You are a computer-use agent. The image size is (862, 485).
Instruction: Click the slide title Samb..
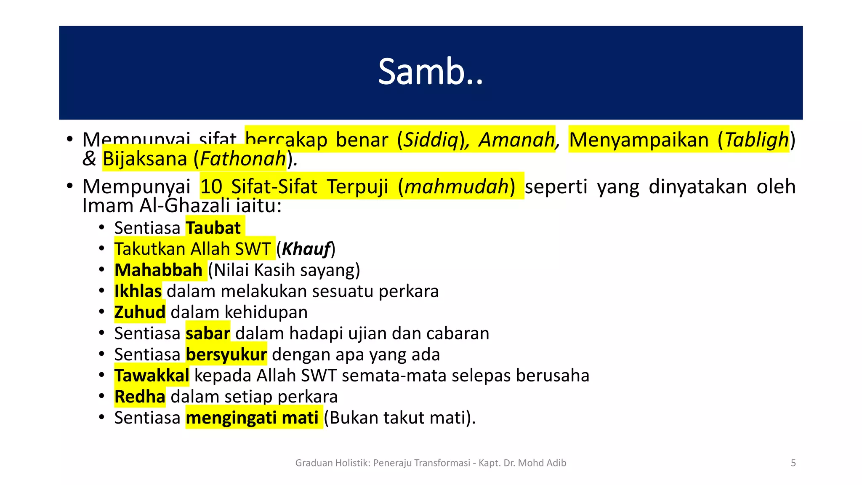[430, 72]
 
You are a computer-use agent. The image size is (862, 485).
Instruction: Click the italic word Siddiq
[431, 140]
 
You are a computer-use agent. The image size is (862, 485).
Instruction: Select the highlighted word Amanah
[517, 140]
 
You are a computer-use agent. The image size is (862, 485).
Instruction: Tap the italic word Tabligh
[756, 140]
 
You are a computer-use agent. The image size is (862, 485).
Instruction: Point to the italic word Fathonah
[243, 159]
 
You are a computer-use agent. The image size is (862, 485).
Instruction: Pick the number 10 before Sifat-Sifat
[211, 187]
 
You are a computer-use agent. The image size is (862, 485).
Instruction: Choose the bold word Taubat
[213, 228]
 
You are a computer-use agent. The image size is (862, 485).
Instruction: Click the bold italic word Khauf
[306, 249]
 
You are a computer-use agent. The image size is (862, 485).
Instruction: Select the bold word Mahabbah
[158, 270]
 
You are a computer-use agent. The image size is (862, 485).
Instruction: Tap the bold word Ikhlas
[138, 291]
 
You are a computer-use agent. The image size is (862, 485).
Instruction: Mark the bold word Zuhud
[140, 312]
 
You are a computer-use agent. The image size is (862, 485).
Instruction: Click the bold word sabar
[208, 333]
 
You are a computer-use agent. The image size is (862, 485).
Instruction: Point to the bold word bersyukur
[226, 354]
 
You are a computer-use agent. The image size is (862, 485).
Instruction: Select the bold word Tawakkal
[152, 376]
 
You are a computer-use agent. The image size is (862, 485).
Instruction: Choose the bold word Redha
[140, 397]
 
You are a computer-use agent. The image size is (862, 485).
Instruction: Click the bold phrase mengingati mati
[252, 418]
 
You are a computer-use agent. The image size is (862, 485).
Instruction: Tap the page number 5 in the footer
[793, 463]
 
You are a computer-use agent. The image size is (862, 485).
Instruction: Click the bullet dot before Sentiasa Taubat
[101, 228]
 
